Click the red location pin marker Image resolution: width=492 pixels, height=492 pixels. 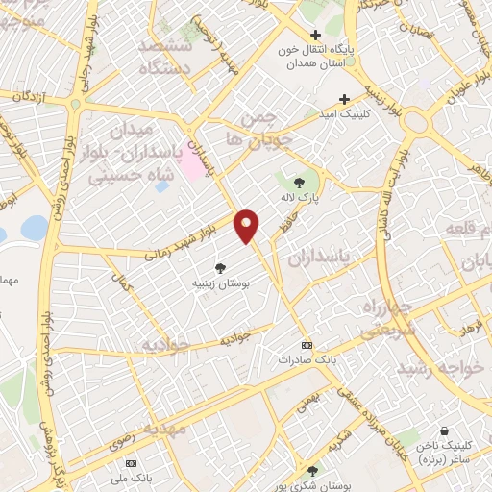(247, 227)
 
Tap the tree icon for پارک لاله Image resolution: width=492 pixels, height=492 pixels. (299, 183)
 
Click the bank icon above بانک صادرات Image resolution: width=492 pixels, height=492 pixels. (307, 345)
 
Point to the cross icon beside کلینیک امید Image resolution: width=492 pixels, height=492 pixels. (344, 99)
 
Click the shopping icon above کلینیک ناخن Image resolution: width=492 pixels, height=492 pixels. (443, 432)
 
